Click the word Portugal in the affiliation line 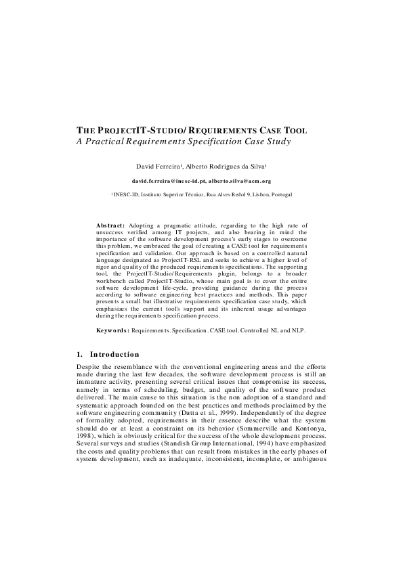click(282, 194)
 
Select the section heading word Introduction click(115, 354)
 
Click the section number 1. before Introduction click(80, 354)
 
